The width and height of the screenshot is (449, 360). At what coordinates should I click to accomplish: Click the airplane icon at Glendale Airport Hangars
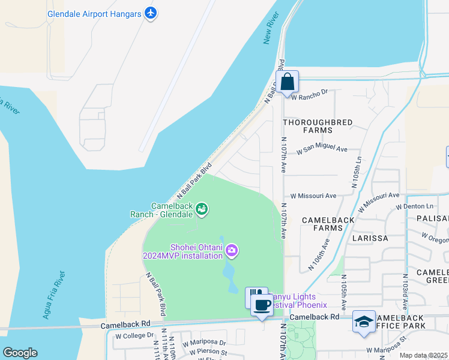[150, 13]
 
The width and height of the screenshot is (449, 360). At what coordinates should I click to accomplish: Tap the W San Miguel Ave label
[324, 149]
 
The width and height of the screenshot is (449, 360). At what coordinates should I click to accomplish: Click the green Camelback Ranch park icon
[202, 209]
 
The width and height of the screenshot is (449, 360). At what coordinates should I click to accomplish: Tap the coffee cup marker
[262, 305]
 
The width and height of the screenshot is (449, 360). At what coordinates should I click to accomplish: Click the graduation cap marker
[364, 322]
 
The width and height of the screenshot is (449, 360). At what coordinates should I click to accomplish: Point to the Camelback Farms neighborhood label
[328, 224]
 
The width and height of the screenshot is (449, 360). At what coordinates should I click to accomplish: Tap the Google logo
[20, 353]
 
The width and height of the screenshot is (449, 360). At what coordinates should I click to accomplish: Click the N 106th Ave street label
[318, 255]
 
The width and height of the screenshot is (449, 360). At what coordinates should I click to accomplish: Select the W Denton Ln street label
[414, 207]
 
